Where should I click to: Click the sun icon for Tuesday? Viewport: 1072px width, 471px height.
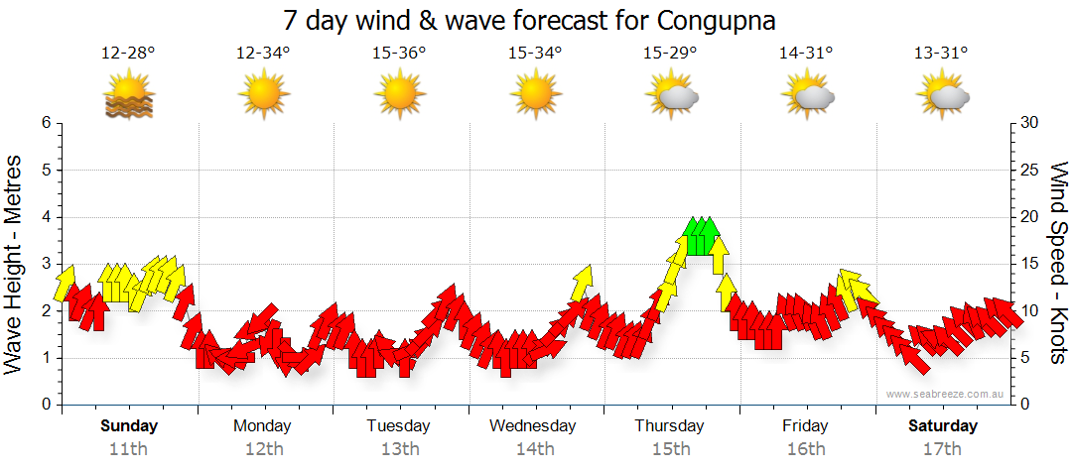coord(399,95)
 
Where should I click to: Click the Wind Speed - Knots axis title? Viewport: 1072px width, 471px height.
coord(1057,264)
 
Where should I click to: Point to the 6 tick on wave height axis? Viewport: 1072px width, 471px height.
coord(45,123)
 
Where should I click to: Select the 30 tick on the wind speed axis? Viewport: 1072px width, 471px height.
coord(1030,123)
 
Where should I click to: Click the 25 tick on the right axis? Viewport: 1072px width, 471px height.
coord(1030,170)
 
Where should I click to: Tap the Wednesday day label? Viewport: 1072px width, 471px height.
coord(533,426)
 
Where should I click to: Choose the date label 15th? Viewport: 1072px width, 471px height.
coord(671,449)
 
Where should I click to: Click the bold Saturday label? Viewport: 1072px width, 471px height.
coord(943,426)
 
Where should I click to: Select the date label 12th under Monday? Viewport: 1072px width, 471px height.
coord(263,449)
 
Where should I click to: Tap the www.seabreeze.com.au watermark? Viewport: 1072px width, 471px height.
coord(947,395)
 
